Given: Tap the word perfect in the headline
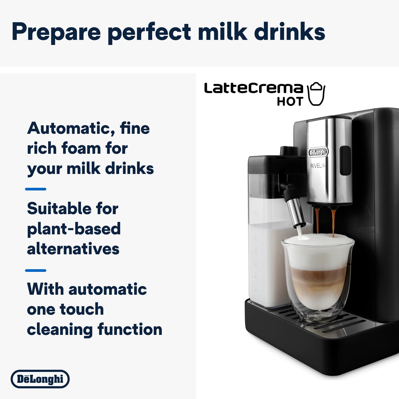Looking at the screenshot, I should [149, 32].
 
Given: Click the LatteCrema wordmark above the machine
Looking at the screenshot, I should [253, 88].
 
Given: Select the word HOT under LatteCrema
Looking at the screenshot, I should [290, 101].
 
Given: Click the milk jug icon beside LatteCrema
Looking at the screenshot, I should [316, 94].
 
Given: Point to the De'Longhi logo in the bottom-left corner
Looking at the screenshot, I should [40, 379].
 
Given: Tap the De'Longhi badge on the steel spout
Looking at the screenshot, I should [318, 152].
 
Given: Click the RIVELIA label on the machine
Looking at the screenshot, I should [318, 166].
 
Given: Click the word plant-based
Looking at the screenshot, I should [74, 229].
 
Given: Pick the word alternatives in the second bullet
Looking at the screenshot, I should [73, 249].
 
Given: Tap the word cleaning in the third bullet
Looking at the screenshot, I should [60, 329].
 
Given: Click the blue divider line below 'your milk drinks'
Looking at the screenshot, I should [36, 189].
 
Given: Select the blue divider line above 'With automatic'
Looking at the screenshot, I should [36, 271].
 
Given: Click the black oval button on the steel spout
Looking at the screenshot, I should [345, 160].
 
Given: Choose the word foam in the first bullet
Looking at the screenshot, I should [81, 148].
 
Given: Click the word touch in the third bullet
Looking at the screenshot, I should [82, 309].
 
